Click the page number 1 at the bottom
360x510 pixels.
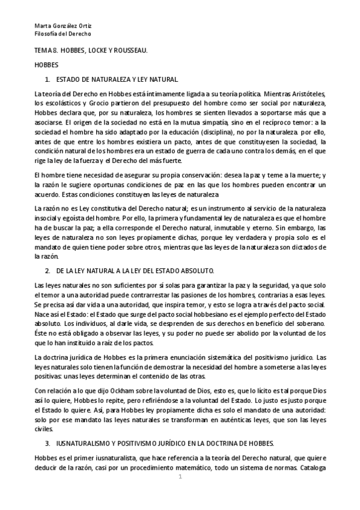[x=180, y=477]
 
